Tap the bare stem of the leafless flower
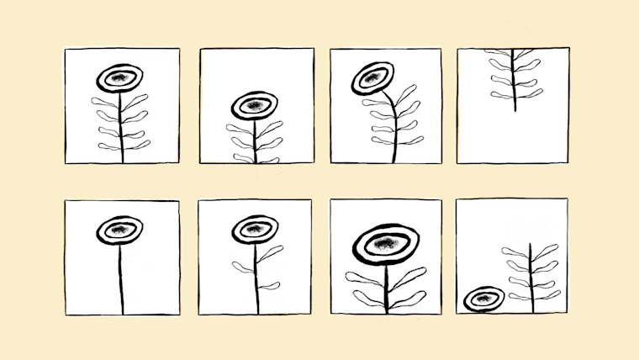121,278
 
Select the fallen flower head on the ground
483,299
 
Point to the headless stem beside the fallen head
531,278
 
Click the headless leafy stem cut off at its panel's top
514,80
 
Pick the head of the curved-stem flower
372,78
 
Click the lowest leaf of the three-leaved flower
269,286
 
